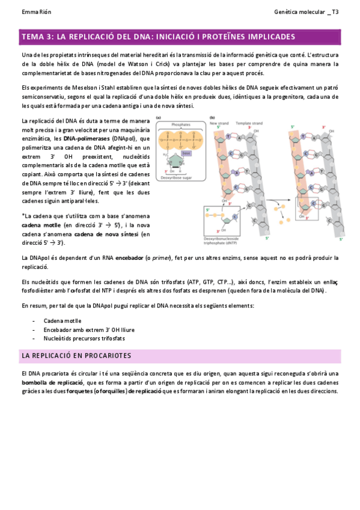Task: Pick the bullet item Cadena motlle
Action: [62, 321]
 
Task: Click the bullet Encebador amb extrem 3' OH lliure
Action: [88, 330]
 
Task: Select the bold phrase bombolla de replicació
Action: [52, 382]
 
